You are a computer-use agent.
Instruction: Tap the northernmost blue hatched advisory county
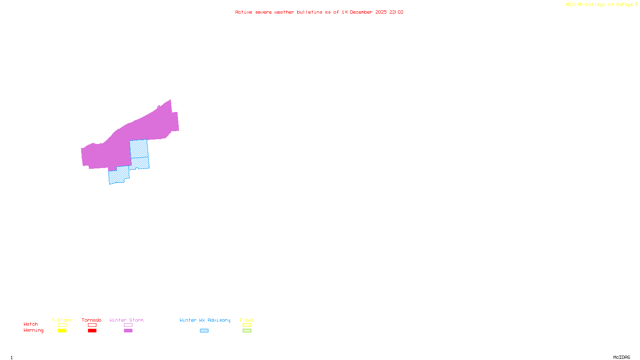(x=139, y=149)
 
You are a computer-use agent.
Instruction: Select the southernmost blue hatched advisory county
(x=118, y=176)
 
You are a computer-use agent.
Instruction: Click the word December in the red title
(x=361, y=12)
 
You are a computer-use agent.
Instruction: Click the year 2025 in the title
(x=381, y=12)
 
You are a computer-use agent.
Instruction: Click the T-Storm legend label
(x=62, y=320)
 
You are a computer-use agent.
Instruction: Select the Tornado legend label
(x=92, y=320)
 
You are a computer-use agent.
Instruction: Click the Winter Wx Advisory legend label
(x=205, y=320)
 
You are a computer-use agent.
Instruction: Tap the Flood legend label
(x=247, y=320)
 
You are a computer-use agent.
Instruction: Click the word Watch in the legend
(x=31, y=324)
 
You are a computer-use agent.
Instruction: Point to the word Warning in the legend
(x=34, y=330)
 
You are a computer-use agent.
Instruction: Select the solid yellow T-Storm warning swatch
(x=62, y=331)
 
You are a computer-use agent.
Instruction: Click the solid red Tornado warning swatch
(x=92, y=331)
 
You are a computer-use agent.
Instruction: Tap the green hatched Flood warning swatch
(x=247, y=331)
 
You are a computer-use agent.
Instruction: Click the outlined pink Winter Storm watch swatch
(x=128, y=325)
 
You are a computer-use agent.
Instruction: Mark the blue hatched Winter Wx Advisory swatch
(x=204, y=331)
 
